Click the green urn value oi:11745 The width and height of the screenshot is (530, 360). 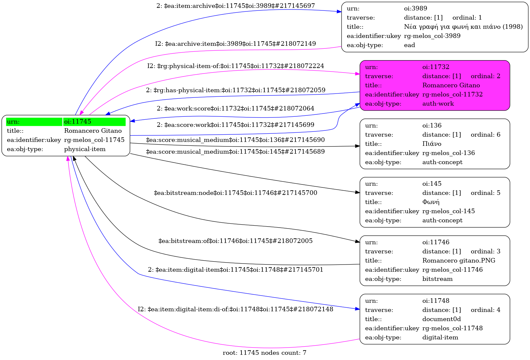point(78,122)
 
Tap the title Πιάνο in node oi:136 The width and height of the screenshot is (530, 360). point(432,144)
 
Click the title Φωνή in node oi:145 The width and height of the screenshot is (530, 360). point(431,202)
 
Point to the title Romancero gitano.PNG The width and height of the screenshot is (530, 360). point(459,261)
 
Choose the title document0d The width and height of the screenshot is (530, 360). point(441,319)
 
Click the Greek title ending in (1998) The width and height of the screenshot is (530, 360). point(463,27)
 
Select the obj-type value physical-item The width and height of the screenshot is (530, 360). point(85,149)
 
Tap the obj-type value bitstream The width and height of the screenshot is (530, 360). point(437,279)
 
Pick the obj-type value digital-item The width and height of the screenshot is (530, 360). point(440,337)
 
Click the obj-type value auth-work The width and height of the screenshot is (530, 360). point(438,104)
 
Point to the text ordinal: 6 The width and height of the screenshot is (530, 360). point(486,135)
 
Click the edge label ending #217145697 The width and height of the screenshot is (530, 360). point(236,6)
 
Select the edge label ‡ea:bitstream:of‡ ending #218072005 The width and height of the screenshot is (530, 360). point(236,241)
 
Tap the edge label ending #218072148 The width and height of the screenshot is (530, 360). point(236,309)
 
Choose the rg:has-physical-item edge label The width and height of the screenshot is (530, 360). point(236,90)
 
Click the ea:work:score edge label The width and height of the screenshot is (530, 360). point(236,109)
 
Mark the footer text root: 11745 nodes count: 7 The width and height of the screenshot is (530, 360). point(264,353)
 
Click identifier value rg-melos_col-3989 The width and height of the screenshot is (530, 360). point(432,36)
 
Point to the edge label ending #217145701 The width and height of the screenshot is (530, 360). point(236,270)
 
